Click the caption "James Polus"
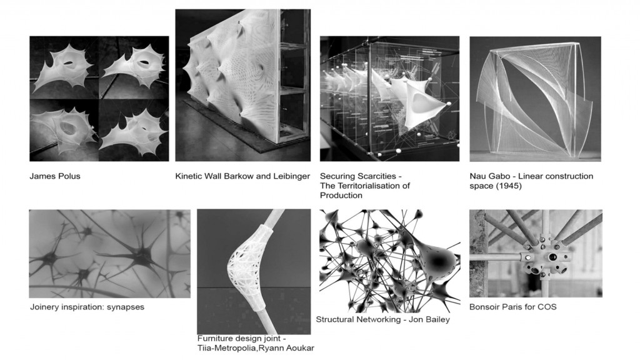pyautogui.click(x=55, y=176)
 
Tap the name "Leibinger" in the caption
pyautogui.click(x=290, y=176)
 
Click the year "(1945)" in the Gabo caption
pyautogui.click(x=509, y=186)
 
